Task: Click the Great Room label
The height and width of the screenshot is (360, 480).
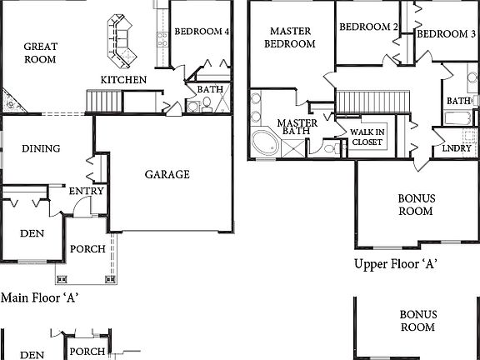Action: pos(40,53)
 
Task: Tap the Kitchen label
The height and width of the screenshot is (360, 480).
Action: pos(124,80)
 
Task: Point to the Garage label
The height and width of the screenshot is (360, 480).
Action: pos(167,175)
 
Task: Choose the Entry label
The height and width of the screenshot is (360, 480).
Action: pos(87,191)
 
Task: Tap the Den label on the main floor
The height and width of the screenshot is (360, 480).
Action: pos(32,233)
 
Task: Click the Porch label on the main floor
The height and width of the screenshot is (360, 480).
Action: pos(87,249)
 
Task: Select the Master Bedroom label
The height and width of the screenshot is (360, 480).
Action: pos(290,37)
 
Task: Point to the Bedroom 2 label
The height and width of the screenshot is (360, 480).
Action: pos(368,27)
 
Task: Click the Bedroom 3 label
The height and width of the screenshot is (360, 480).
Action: pos(447,34)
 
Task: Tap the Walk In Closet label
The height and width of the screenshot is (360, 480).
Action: pos(367,137)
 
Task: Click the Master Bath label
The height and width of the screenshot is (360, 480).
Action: pos(297,127)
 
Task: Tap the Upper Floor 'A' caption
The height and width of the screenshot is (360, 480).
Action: pos(397,264)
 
